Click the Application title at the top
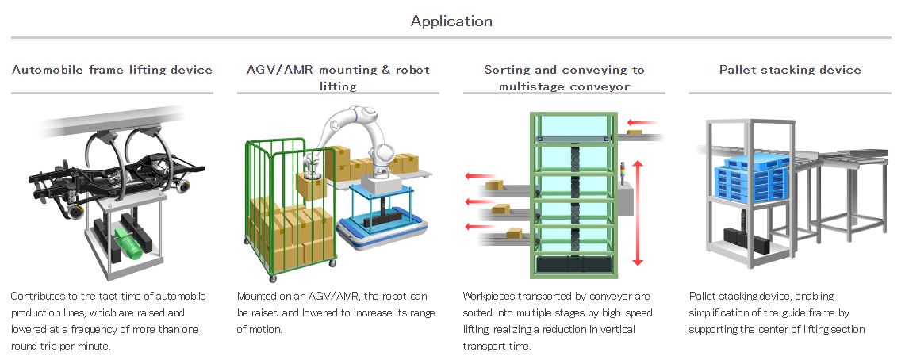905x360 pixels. pos(451,21)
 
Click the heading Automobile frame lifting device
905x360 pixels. pos(112,70)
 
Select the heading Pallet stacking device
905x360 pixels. pos(789,70)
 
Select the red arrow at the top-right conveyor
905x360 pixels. pos(641,123)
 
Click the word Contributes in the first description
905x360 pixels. pos(36,296)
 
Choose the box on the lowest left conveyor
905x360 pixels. pos(515,233)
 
